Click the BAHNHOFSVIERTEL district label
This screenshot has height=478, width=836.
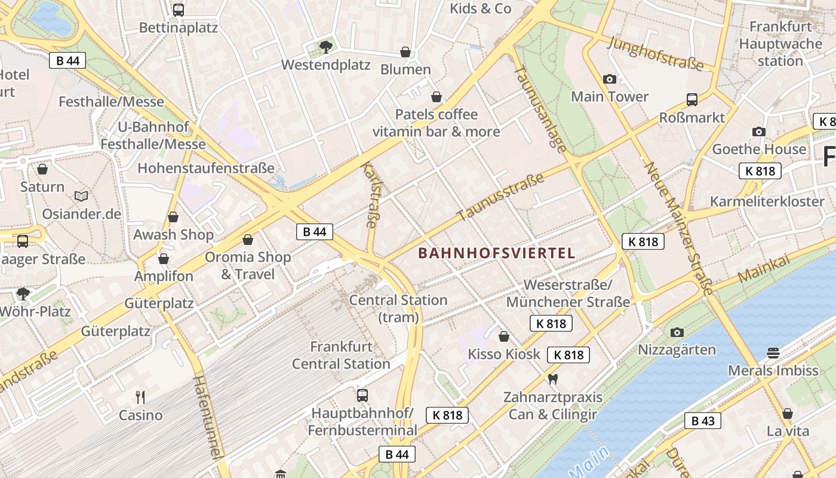[x=497, y=253]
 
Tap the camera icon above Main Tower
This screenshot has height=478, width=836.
[x=610, y=79]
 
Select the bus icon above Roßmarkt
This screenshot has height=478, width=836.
[x=692, y=100]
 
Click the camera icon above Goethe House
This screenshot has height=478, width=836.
[x=759, y=131]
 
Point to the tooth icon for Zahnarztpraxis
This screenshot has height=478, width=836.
[x=552, y=379]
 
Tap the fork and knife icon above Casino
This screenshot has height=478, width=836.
[x=140, y=397]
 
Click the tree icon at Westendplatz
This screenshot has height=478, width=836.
[x=325, y=47]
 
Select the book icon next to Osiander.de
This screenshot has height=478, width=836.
[x=81, y=196]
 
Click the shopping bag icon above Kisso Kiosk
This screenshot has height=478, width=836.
[x=504, y=336]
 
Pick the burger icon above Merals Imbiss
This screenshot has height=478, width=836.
[x=773, y=353]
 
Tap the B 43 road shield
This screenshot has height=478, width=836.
[x=703, y=421]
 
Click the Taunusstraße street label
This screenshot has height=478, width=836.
[x=500, y=197]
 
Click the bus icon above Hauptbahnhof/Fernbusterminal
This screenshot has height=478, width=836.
[x=362, y=395]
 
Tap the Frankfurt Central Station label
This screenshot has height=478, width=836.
[x=341, y=355]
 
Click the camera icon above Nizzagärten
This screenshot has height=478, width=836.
[x=677, y=332]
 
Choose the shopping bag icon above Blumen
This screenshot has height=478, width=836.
[x=405, y=52]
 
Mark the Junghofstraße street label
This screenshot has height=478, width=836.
[x=655, y=54]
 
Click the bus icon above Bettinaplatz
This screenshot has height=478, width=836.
[x=179, y=10]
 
